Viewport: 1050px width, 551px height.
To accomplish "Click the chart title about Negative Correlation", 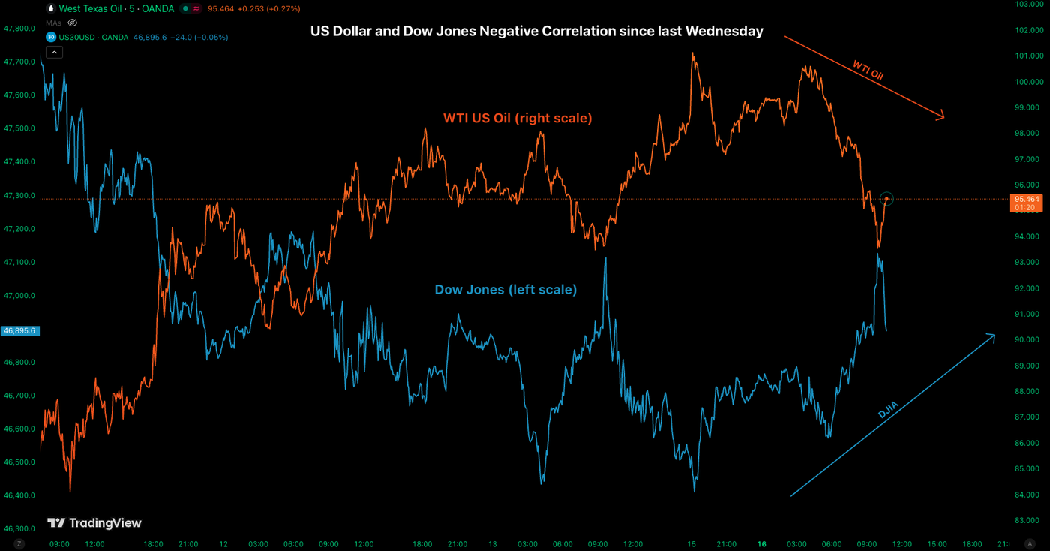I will point(536,32).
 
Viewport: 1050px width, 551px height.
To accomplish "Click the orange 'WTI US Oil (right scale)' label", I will point(517,118).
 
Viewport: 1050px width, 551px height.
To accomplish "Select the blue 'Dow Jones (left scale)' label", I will point(505,289).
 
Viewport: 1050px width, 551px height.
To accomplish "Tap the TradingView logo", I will point(94,522).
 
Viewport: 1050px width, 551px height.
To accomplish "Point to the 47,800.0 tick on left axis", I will point(20,29).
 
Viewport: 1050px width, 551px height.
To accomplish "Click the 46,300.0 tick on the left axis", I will point(20,528).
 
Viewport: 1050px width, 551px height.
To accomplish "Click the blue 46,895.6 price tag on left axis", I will point(20,330).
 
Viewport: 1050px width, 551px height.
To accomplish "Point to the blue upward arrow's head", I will point(994,336).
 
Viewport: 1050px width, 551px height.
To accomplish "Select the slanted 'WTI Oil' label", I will point(868,71).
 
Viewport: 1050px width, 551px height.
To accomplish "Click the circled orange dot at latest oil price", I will point(886,199).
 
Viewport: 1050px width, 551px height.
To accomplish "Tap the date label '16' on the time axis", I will point(762,544).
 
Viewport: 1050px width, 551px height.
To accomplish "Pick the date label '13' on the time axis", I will point(493,544).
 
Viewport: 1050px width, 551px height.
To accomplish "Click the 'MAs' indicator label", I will point(53,23).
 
